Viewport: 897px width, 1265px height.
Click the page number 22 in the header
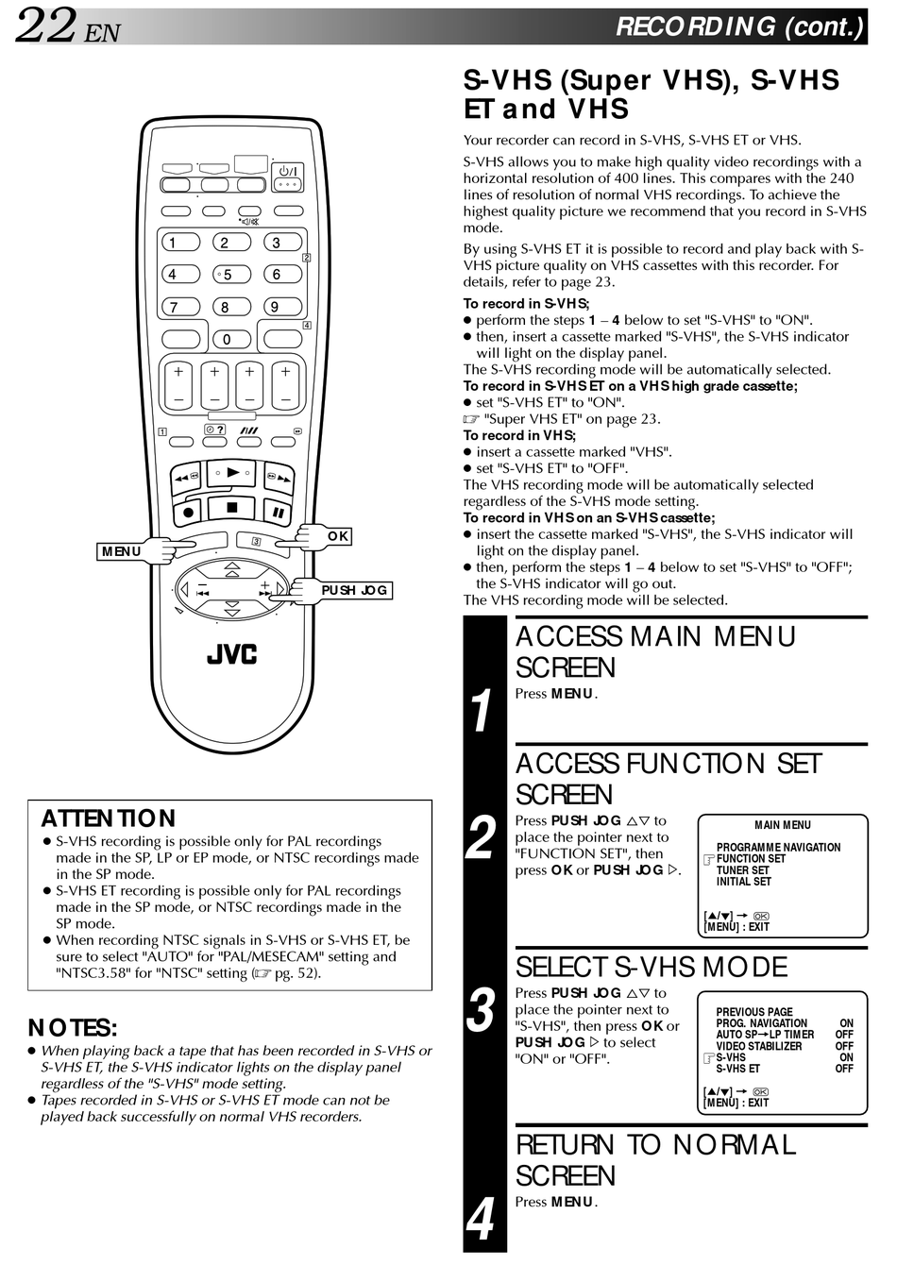(44, 25)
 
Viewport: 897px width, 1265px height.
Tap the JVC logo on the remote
(231, 653)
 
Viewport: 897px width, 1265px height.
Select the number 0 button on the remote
(227, 339)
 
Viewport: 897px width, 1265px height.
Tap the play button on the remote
(231, 471)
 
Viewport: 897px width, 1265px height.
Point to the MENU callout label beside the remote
(122, 551)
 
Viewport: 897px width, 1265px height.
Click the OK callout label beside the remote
(338, 536)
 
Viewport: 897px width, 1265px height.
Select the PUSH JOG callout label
(354, 590)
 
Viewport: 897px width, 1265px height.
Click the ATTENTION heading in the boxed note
(108, 818)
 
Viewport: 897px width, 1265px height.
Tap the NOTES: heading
(73, 1027)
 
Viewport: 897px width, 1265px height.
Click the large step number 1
(482, 711)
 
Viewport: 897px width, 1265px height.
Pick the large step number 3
(482, 1011)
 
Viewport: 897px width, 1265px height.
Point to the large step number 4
(482, 1219)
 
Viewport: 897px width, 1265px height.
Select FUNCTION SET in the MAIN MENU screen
(751, 859)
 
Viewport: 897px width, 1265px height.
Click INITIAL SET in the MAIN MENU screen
(743, 882)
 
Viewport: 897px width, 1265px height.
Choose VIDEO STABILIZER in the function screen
(758, 1046)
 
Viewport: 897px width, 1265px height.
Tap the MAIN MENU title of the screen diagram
(782, 825)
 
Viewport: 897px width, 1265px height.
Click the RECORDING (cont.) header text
(738, 26)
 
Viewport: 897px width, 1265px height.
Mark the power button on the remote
(288, 171)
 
